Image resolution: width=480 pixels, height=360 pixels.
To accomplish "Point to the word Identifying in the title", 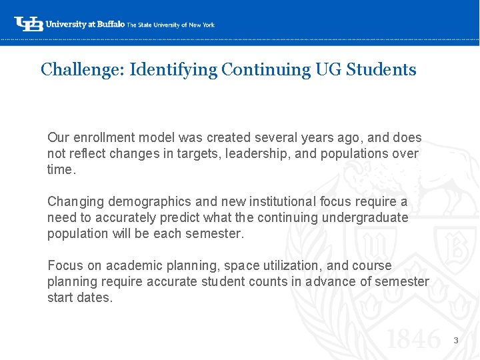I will click(x=173, y=69).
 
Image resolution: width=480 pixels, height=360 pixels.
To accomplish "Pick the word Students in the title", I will click(x=381, y=69).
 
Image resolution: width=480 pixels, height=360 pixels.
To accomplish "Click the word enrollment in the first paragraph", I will click(x=102, y=137).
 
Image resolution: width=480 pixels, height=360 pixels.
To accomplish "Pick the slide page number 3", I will click(x=456, y=341).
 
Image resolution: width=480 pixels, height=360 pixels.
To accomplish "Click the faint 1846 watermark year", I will click(x=415, y=339).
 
